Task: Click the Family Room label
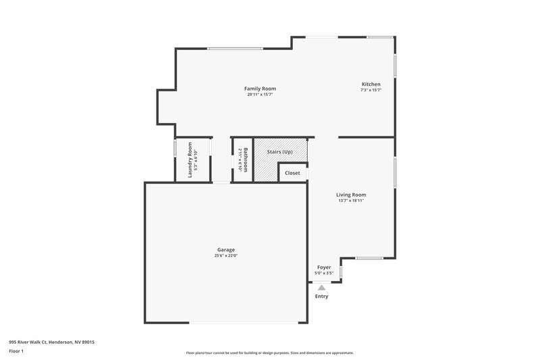coord(260,88)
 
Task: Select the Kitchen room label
coord(371,84)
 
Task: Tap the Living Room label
coord(351,195)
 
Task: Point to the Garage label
coord(226,249)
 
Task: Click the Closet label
coord(292,173)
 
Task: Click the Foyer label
coord(323,267)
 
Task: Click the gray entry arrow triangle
coord(322,288)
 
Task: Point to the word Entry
coord(322,297)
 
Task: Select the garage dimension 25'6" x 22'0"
coord(226,255)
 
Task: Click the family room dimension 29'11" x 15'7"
coord(260,95)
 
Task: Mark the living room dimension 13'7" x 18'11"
coord(351,201)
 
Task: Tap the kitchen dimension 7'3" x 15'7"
coord(371,90)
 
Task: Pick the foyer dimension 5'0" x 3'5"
coord(323,273)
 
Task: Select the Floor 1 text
coord(17,351)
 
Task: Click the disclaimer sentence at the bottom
coord(269,353)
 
